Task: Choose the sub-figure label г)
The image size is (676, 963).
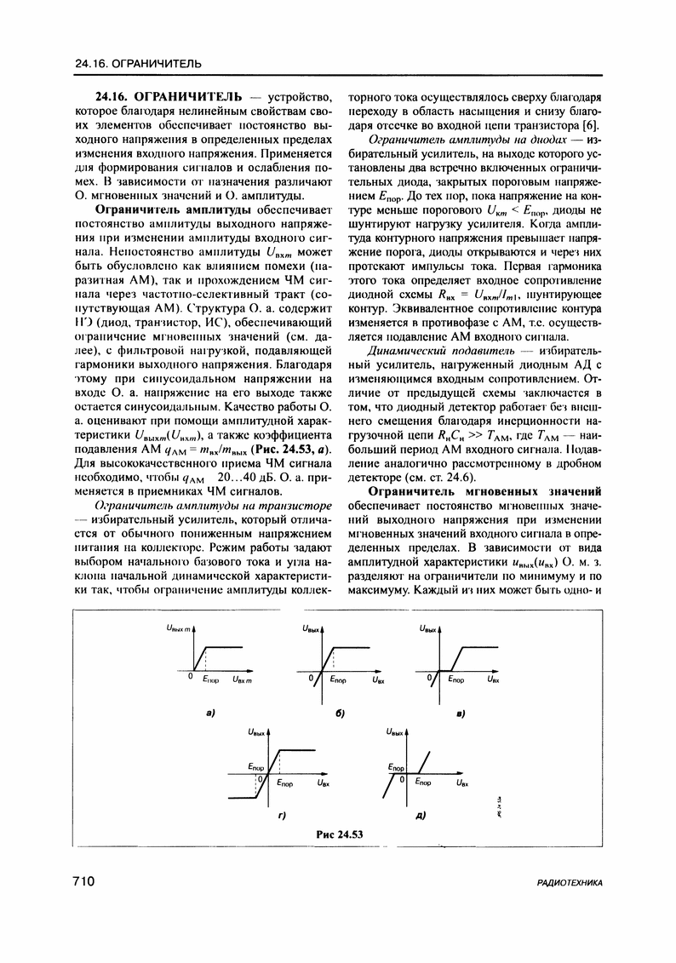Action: click(282, 817)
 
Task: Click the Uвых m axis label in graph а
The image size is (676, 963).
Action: click(180, 628)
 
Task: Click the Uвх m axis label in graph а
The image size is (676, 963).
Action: click(244, 679)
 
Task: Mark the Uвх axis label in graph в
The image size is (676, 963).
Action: click(493, 680)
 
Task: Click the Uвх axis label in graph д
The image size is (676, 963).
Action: click(461, 782)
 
